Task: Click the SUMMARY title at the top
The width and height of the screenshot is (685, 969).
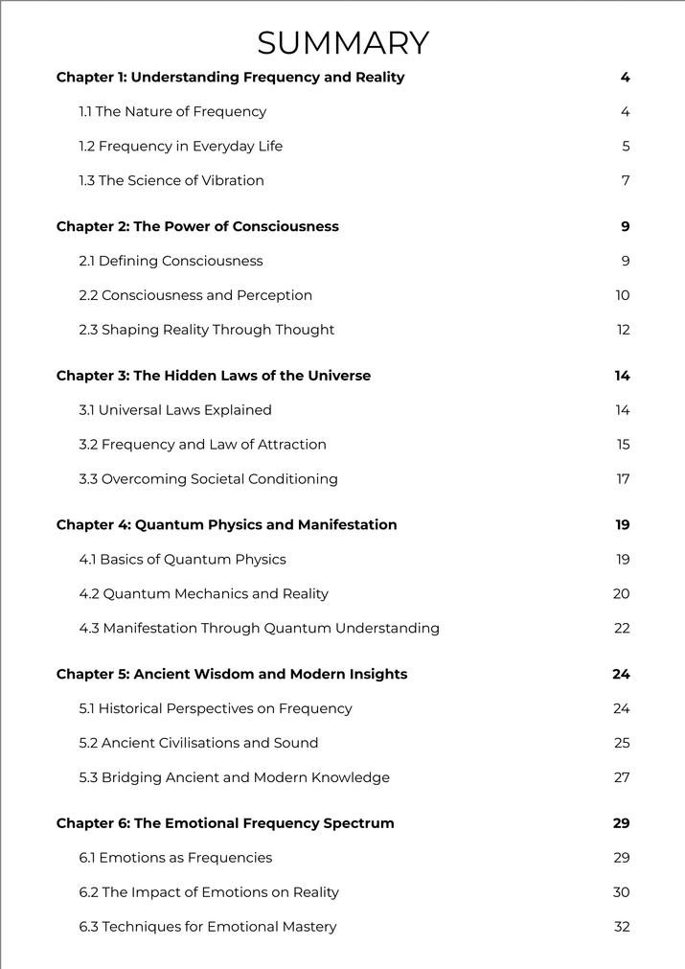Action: [x=342, y=43]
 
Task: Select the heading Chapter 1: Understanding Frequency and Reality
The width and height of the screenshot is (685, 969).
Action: [x=230, y=78]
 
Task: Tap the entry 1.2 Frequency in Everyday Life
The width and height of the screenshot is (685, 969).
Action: [x=181, y=147]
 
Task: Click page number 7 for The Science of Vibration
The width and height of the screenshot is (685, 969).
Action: [x=625, y=181]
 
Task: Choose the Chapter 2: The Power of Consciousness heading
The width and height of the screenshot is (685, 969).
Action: [x=197, y=227]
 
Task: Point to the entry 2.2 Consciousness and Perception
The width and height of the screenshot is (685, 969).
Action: [x=195, y=296]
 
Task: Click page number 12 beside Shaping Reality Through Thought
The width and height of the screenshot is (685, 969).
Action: [x=623, y=331]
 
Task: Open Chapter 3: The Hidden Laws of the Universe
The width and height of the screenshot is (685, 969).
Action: [x=214, y=377]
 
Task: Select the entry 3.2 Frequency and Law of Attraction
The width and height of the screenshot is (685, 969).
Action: [x=202, y=446]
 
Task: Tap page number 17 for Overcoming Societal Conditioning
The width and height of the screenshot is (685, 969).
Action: [x=623, y=479]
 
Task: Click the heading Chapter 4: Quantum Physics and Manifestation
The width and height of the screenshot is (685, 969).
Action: [x=226, y=525]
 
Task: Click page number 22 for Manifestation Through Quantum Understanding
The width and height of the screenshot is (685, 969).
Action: [x=622, y=629]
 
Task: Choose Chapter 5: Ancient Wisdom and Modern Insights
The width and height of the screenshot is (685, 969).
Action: [x=232, y=675]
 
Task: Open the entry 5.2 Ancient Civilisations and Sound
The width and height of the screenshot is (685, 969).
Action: [x=198, y=744]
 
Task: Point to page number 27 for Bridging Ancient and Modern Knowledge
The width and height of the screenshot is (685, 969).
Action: [x=622, y=778]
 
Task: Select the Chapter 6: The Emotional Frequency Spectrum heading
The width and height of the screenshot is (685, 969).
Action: [x=225, y=824]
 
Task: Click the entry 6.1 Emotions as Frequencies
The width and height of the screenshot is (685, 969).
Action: [x=175, y=859]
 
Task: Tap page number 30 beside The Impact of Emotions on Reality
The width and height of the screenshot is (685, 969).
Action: [x=621, y=893]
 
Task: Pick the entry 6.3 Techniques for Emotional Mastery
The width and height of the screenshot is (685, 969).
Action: [x=208, y=927]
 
